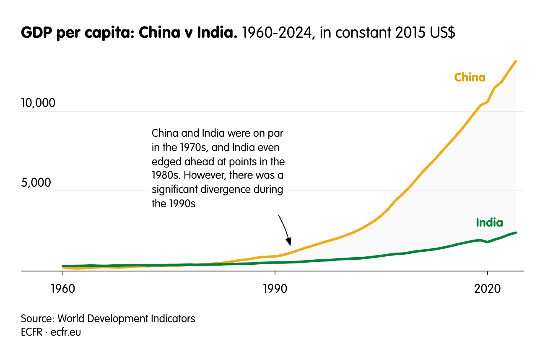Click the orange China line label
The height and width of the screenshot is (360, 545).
click(470, 78)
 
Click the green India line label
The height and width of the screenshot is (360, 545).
click(489, 223)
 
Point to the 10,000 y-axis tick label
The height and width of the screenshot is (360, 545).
click(38, 102)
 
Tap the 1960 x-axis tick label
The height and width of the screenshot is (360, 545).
click(62, 289)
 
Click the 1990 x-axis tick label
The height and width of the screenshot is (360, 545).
click(275, 289)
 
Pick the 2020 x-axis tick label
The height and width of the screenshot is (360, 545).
click(487, 289)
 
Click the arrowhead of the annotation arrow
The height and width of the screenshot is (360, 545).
click(288, 243)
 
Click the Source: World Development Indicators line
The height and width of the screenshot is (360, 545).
click(108, 318)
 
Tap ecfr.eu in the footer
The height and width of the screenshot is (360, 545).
click(66, 332)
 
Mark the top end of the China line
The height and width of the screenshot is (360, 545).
click(516, 61)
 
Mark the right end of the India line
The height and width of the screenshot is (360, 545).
click(516, 232)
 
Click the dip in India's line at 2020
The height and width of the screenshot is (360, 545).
click(487, 242)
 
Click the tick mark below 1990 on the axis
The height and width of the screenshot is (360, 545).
click(275, 274)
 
